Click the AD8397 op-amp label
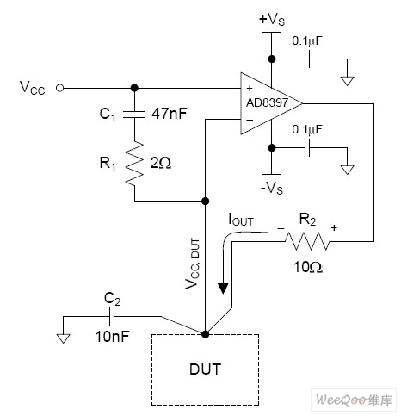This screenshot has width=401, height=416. click(x=267, y=102)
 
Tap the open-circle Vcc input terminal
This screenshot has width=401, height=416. click(x=59, y=88)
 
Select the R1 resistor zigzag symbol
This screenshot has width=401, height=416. click(x=134, y=164)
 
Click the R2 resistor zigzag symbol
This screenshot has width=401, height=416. click(x=307, y=241)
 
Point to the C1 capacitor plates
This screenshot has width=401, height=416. click(x=134, y=115)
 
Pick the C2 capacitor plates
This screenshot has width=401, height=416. click(x=112, y=317)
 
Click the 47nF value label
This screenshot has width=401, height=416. click(x=170, y=114)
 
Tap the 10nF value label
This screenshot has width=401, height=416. click(x=112, y=336)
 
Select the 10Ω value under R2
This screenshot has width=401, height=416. click(x=308, y=267)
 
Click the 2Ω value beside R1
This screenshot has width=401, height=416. click(x=161, y=164)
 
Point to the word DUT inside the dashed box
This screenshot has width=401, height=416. click(x=206, y=369)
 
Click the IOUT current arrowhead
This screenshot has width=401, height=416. click(x=223, y=289)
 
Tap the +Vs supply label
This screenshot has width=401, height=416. click(x=272, y=20)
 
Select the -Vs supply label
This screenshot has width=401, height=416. click(x=272, y=189)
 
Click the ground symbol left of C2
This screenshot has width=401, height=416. click(x=63, y=338)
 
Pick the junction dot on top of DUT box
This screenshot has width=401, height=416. click(x=205, y=334)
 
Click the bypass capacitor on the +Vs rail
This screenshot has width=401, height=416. click(x=307, y=59)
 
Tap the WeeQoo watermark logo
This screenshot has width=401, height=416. click(x=354, y=400)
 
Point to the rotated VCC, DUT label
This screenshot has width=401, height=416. click(x=192, y=264)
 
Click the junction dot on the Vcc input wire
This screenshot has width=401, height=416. click(x=134, y=88)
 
